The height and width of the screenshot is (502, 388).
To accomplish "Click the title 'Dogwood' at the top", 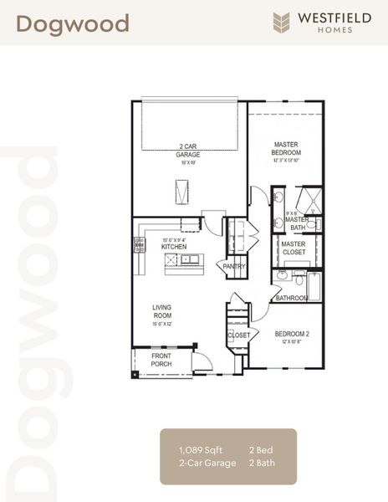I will pyautogui.click(x=73, y=23).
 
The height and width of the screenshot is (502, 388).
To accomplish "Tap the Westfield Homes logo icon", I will pyautogui.click(x=282, y=23).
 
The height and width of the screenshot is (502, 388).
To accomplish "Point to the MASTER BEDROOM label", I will pyautogui.click(x=286, y=148).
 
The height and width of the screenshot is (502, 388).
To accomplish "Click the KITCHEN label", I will pyautogui.click(x=174, y=247).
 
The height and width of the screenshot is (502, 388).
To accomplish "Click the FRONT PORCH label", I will pyautogui.click(x=161, y=360).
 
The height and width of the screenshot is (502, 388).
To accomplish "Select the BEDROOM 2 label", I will pyautogui.click(x=293, y=335).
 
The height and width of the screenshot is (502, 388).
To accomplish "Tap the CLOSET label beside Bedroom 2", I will pyautogui.click(x=238, y=336).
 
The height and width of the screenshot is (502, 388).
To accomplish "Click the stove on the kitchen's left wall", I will pyautogui.click(x=138, y=245).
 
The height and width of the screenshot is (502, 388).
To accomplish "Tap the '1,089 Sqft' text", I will pyautogui.click(x=197, y=450).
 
